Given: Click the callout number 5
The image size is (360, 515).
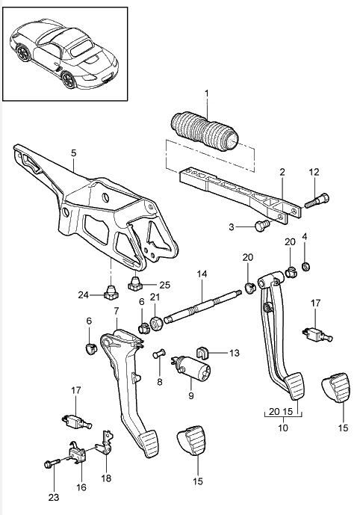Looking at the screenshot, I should [73, 152].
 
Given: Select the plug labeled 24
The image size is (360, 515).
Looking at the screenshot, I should [111, 290].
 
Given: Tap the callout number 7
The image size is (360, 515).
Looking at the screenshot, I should [116, 309].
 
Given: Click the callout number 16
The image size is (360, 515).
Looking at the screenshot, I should [81, 487].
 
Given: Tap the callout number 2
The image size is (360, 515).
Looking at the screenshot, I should [282, 171].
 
